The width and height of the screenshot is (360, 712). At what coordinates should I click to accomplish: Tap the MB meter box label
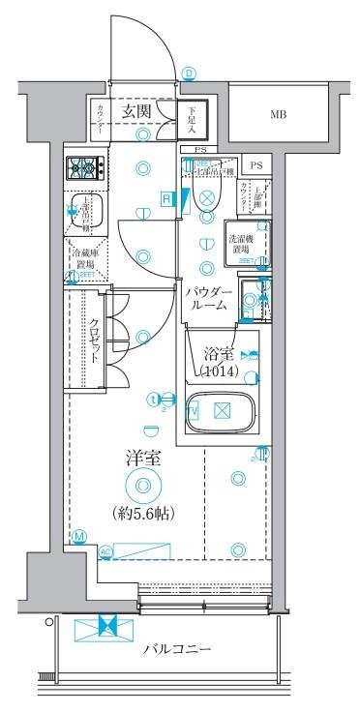pyautogui.click(x=278, y=115)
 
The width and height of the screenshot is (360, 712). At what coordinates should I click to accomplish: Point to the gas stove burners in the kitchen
pyautogui.click(x=85, y=170)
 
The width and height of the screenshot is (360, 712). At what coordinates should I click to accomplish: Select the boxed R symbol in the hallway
pyautogui.click(x=166, y=198)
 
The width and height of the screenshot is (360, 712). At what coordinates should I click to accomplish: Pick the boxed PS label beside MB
pyautogui.click(x=256, y=165)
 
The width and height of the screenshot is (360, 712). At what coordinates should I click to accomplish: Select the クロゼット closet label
pyautogui.click(x=96, y=341)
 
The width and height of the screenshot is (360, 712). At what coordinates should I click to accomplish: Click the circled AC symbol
pyautogui.click(x=106, y=551)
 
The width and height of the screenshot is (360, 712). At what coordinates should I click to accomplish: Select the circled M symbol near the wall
pyautogui.click(x=78, y=536)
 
